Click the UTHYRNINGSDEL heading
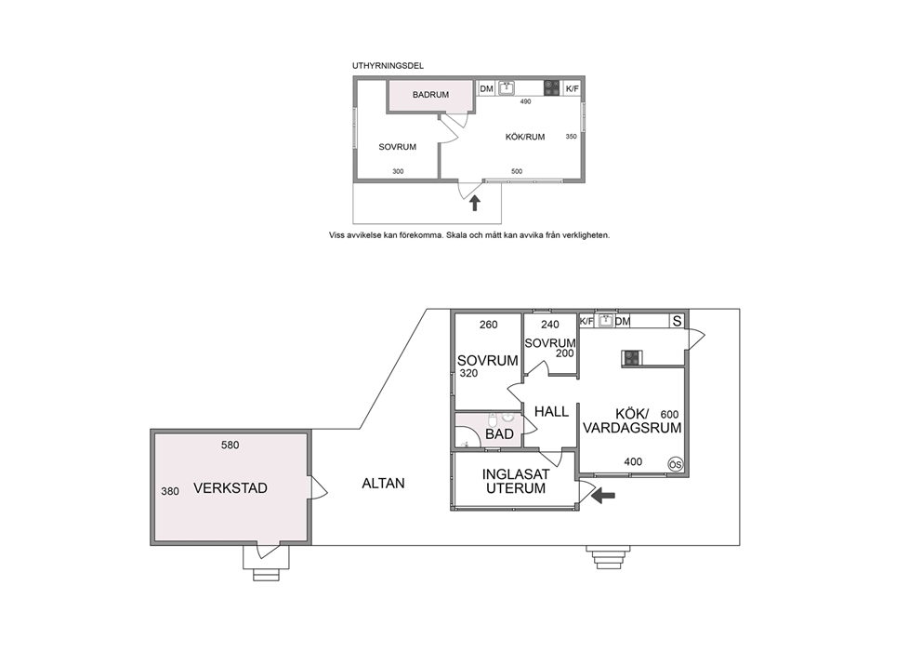click(388, 66)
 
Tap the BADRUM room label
click(430, 95)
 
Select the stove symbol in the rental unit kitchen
click(551, 87)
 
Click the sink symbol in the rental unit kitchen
click(507, 88)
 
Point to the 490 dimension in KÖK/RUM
click(525, 101)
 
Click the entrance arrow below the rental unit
click(475, 203)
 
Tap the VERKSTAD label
click(230, 487)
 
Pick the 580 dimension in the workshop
click(230, 446)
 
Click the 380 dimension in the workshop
click(170, 491)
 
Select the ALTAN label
click(383, 483)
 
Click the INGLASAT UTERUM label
click(516, 482)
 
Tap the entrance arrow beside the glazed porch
click(603, 496)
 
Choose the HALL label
click(551, 412)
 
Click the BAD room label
click(499, 434)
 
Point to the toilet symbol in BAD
click(493, 420)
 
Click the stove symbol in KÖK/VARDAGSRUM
click(632, 358)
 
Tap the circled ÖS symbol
click(676, 464)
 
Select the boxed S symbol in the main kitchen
click(678, 321)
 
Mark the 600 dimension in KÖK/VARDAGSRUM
click(670, 414)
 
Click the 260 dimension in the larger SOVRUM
click(488, 325)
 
